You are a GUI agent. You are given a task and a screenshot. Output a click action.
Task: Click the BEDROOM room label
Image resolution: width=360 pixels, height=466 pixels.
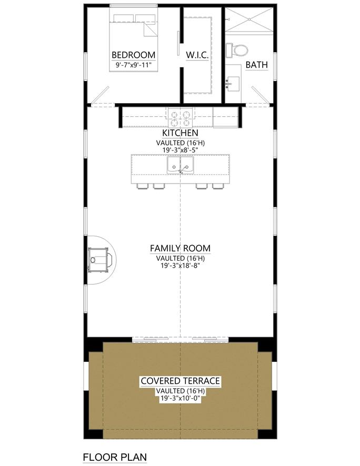coord(134,55)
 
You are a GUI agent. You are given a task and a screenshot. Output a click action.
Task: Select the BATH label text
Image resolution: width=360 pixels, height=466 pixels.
coord(256,65)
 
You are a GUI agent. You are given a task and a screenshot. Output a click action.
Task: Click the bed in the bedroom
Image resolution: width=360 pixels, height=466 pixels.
coord(134,32)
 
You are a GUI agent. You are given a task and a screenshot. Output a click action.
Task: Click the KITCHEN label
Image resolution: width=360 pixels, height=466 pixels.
coord(180,133)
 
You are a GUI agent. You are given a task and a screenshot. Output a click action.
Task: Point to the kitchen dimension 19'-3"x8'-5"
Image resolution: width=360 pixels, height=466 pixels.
coord(180,149)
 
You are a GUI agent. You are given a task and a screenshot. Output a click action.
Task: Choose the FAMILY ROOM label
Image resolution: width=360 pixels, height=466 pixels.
coord(180,248)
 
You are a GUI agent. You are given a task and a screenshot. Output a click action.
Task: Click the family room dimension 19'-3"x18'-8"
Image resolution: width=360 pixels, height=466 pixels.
coord(180,266)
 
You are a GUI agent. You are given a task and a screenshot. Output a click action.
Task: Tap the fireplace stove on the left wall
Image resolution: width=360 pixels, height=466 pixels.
coord(100,259)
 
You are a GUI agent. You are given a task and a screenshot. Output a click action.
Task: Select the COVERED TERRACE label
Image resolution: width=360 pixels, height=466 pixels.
coord(180,381)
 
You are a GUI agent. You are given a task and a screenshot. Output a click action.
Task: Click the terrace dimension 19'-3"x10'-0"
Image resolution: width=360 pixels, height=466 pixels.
coord(180,398)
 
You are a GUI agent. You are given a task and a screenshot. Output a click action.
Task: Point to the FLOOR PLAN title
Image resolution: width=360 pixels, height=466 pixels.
coord(115,457)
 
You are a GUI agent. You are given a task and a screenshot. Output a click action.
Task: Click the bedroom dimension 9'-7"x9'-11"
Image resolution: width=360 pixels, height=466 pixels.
coord(134,65)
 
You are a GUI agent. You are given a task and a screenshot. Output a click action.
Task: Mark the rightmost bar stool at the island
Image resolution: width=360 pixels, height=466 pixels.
coord(217,186)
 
